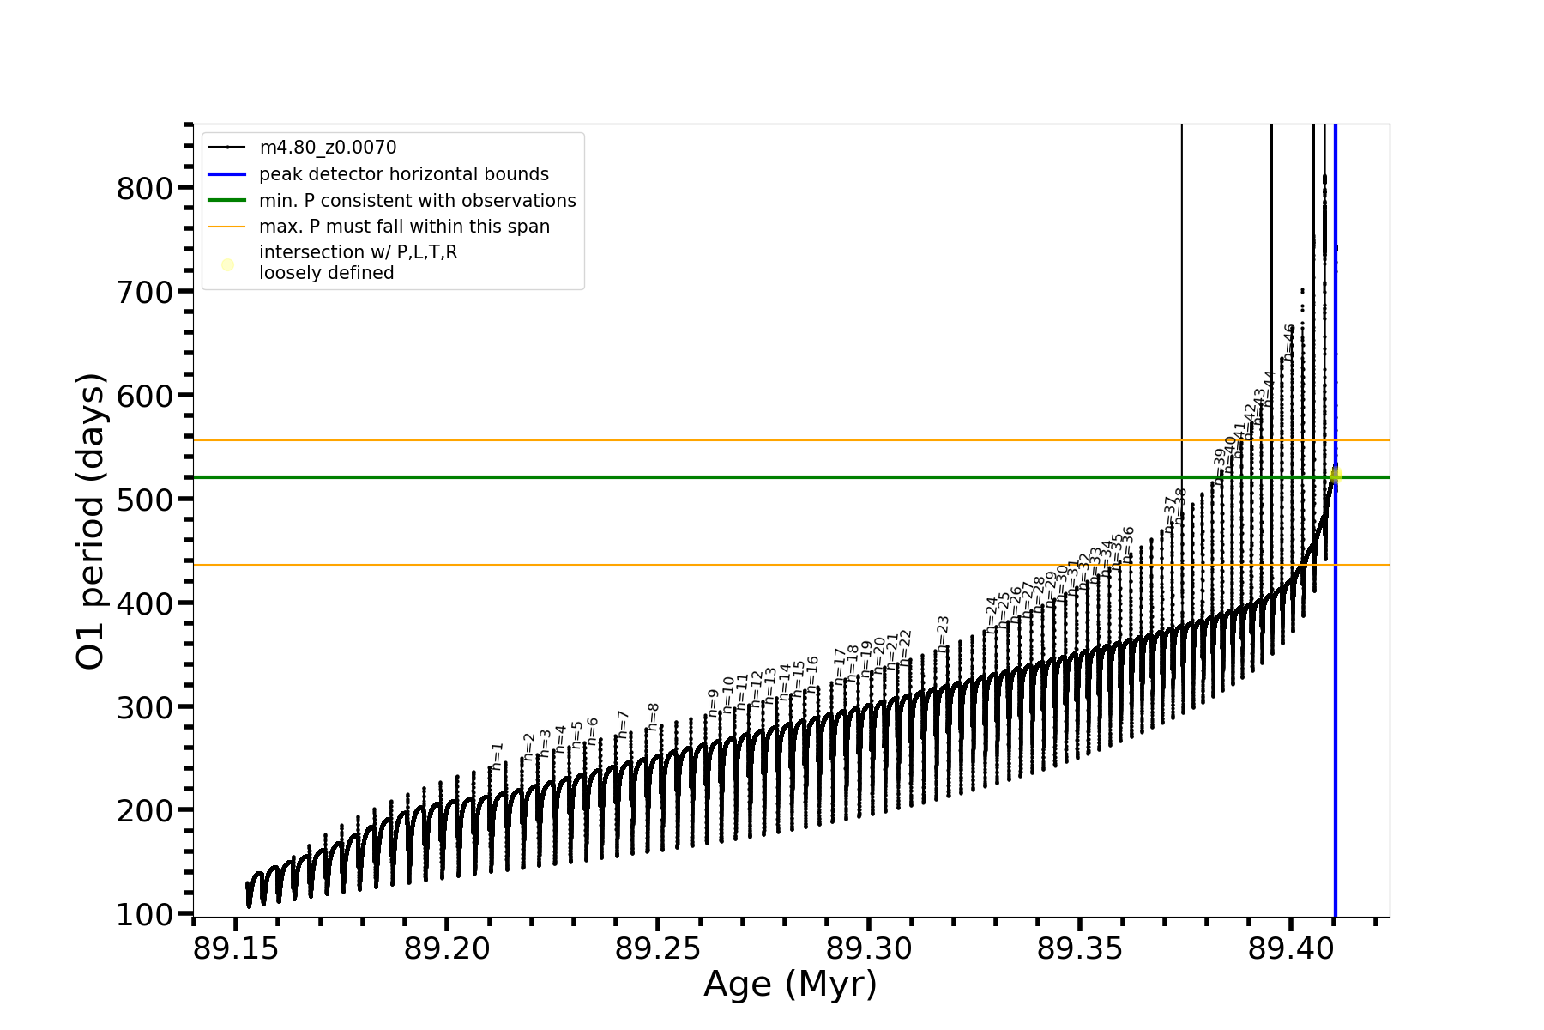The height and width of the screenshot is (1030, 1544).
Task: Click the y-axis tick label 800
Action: (144, 189)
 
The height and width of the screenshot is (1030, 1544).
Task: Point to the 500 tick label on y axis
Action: (144, 500)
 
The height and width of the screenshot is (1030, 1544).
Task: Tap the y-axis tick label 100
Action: (144, 915)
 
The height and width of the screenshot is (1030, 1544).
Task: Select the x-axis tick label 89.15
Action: (236, 948)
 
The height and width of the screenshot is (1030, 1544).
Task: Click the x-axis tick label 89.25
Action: (658, 948)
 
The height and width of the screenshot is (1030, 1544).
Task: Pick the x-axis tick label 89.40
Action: (1290, 948)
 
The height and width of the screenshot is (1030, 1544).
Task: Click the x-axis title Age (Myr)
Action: (790, 985)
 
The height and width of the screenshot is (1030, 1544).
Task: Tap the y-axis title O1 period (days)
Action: (90, 521)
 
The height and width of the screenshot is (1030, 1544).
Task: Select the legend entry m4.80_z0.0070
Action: (328, 148)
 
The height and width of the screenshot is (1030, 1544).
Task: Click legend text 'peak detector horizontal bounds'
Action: (404, 174)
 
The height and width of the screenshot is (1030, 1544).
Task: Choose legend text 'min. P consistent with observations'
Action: (418, 201)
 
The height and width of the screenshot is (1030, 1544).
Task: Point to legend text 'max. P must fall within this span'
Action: (404, 227)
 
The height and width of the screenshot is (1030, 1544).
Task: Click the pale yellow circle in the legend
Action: (227, 264)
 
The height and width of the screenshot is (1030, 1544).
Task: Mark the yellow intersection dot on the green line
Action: (1336, 476)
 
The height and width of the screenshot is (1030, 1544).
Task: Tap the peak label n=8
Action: (654, 717)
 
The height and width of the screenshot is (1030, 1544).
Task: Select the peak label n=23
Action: (944, 633)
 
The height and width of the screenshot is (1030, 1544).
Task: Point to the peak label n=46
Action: (1289, 341)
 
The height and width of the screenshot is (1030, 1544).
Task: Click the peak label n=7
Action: (624, 724)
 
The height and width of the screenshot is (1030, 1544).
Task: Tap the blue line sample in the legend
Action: (227, 174)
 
